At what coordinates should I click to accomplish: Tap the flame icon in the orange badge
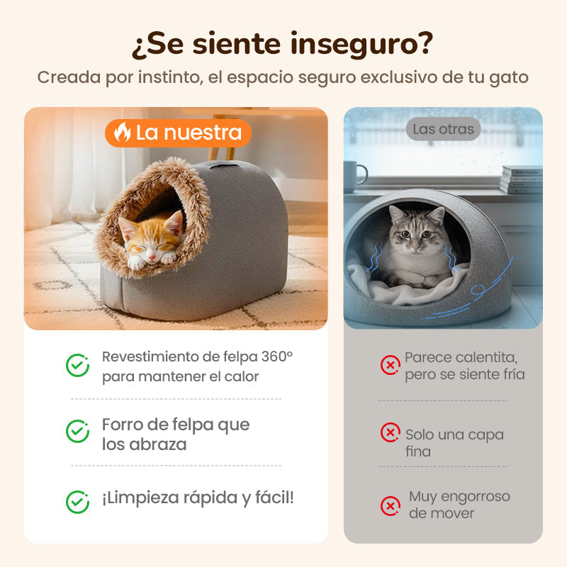tap(123, 132)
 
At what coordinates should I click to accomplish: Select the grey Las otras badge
tap(444, 129)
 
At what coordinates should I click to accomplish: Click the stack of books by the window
tap(522, 180)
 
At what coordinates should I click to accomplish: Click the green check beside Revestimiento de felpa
tap(77, 365)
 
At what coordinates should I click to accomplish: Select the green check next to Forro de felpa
tap(77, 432)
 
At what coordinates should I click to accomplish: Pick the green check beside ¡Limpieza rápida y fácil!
tap(77, 503)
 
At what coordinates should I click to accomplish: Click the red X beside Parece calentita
tap(391, 365)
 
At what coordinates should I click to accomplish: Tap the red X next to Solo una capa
tap(391, 432)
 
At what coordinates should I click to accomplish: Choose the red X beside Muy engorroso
tap(391, 506)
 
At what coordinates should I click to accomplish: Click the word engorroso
tap(476, 498)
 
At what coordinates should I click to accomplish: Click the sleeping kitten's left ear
tap(127, 226)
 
